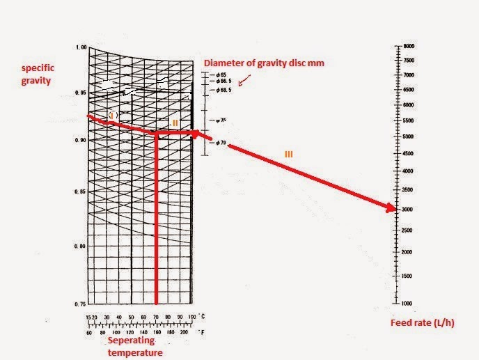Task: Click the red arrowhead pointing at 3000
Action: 392,208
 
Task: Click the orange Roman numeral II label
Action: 175,122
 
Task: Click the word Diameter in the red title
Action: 221,63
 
